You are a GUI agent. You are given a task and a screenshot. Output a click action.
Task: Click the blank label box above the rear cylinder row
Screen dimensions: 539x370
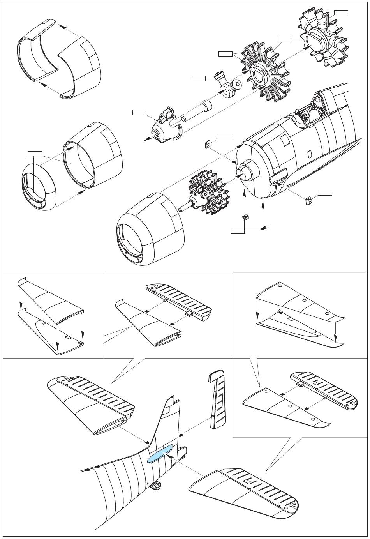tap(341, 12)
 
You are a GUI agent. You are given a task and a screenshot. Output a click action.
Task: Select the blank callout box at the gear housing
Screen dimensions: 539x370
tap(139, 113)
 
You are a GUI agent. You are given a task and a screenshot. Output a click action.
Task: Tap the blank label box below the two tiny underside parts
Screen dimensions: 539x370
tap(237, 232)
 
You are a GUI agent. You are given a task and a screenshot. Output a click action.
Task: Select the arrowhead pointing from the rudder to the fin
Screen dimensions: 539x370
tap(181, 433)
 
